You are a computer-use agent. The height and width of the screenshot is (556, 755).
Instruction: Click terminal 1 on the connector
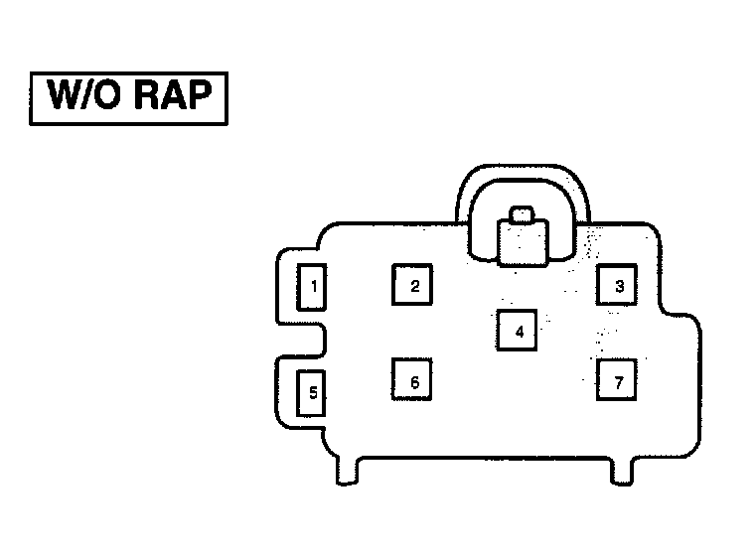pyautogui.click(x=313, y=287)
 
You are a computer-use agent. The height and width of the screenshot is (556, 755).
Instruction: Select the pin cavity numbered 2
pyautogui.click(x=414, y=286)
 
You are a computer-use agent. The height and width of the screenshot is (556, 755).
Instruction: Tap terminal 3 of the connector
pyautogui.click(x=617, y=286)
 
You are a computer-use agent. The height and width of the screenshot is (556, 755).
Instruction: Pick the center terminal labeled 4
pyautogui.click(x=518, y=331)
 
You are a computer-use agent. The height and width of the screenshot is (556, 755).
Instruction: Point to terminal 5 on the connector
pyautogui.click(x=312, y=393)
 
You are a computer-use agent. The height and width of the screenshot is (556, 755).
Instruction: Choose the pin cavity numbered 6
pyautogui.click(x=413, y=381)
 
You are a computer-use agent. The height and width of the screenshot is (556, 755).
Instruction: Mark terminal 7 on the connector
pyautogui.click(x=617, y=381)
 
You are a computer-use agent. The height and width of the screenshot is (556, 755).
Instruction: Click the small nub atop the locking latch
pyautogui.click(x=522, y=213)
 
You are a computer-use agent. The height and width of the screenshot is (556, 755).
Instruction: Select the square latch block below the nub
pyautogui.click(x=523, y=243)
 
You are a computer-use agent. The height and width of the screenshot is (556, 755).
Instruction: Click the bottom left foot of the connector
pyautogui.click(x=345, y=475)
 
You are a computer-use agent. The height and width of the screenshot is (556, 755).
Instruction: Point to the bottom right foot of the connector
pyautogui.click(x=621, y=475)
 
